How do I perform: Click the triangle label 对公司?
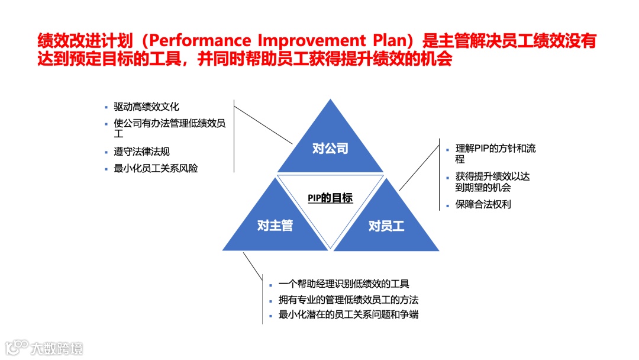[330, 149]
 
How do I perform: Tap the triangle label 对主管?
[275, 226]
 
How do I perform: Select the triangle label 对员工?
[386, 226]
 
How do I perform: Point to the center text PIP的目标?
[330, 198]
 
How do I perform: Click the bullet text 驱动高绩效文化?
[146, 107]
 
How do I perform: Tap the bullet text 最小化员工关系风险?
[156, 168]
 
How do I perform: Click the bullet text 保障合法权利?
[483, 205]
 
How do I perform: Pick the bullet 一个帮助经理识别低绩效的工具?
[344, 284]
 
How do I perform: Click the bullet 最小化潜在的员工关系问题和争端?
[348, 314]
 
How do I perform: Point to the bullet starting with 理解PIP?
[495, 153]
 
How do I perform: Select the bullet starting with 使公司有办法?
[170, 128]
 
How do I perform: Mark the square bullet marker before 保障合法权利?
[447, 205]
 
